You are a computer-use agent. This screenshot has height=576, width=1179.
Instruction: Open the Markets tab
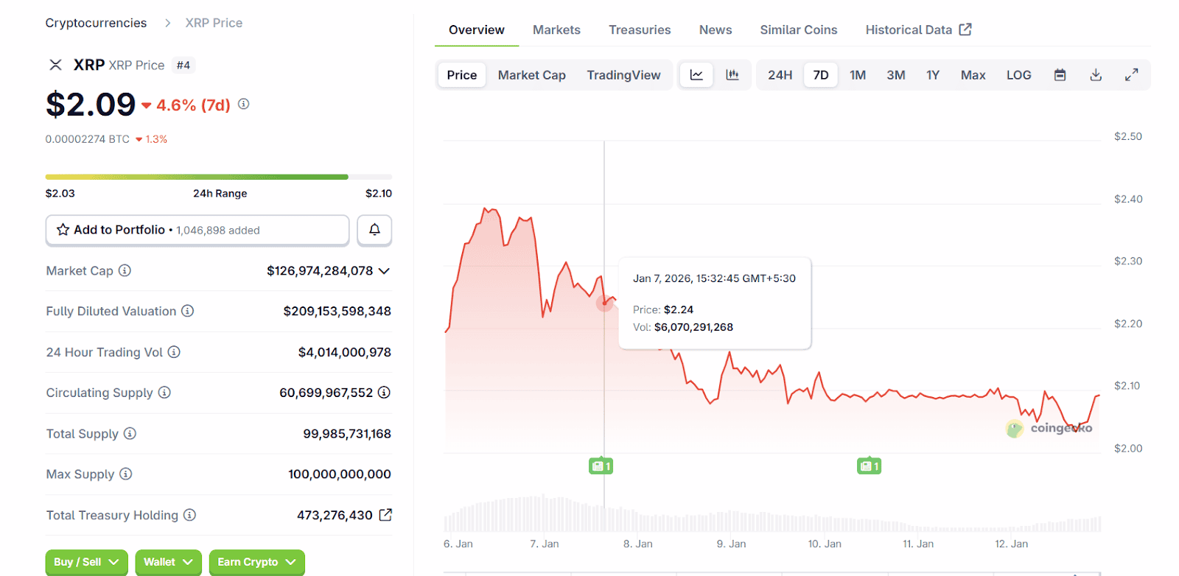click(556, 30)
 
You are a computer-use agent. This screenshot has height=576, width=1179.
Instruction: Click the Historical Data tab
click(917, 30)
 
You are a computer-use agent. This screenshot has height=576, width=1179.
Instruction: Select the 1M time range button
click(857, 75)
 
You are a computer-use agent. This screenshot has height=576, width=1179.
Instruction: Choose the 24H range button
click(780, 75)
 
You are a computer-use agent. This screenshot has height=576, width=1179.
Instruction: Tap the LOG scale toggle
click(1018, 75)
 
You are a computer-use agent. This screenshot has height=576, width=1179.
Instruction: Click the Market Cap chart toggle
click(531, 75)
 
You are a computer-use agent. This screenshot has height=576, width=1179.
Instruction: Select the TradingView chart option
click(623, 75)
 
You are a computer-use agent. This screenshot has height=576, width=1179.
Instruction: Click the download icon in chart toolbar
click(1096, 75)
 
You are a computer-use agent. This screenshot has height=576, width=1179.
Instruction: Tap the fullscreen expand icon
click(1131, 75)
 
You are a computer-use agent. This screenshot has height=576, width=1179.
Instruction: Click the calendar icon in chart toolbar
click(1060, 75)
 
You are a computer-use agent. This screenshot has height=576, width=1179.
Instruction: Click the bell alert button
click(374, 230)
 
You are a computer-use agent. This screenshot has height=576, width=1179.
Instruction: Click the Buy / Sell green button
click(85, 562)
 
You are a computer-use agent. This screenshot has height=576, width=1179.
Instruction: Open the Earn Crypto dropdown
click(256, 562)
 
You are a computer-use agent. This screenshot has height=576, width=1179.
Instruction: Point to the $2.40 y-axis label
click(1127, 199)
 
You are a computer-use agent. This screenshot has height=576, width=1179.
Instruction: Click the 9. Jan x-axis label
click(731, 544)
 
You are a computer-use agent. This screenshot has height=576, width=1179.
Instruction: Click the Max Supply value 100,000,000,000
click(339, 474)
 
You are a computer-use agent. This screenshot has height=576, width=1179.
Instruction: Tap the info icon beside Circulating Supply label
click(164, 393)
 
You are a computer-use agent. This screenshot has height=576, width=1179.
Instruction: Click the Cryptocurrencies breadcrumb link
click(96, 23)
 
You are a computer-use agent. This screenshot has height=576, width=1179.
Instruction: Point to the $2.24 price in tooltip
click(678, 310)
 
